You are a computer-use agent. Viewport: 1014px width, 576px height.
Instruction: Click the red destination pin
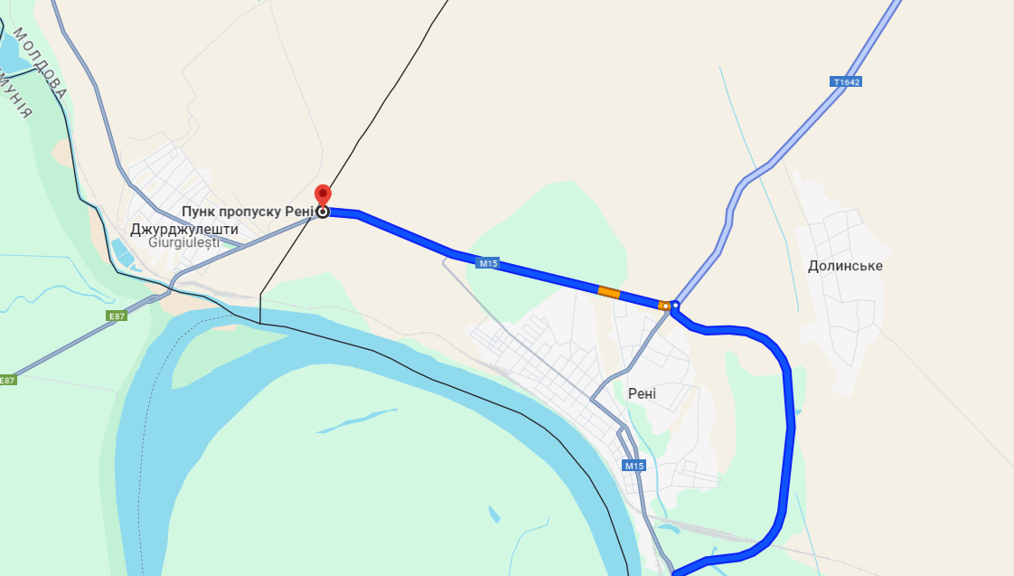(x=323, y=194)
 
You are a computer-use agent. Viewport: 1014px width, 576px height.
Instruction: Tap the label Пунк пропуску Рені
(x=247, y=212)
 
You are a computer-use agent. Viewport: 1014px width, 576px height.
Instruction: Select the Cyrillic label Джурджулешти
(x=177, y=230)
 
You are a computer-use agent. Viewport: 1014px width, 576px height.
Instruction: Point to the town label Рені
(x=642, y=394)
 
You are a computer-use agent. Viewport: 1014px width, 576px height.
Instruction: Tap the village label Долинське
(x=845, y=266)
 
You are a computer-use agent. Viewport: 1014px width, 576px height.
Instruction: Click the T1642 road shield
(x=846, y=81)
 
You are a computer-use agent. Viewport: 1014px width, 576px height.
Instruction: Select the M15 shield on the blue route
(x=488, y=264)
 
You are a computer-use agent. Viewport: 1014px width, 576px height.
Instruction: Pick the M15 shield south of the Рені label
(x=634, y=466)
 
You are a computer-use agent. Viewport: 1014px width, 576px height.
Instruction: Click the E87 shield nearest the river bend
(x=116, y=316)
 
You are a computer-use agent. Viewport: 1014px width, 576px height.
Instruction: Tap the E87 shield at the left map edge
(x=7, y=380)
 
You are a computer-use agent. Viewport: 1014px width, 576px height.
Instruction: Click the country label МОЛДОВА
(x=41, y=63)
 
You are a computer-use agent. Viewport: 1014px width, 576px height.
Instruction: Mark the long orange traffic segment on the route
(x=609, y=292)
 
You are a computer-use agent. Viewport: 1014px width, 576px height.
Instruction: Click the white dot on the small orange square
(x=665, y=306)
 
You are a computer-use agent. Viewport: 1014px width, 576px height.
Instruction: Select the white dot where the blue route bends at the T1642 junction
(x=675, y=305)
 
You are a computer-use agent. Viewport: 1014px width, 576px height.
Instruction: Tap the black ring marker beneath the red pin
(x=323, y=212)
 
